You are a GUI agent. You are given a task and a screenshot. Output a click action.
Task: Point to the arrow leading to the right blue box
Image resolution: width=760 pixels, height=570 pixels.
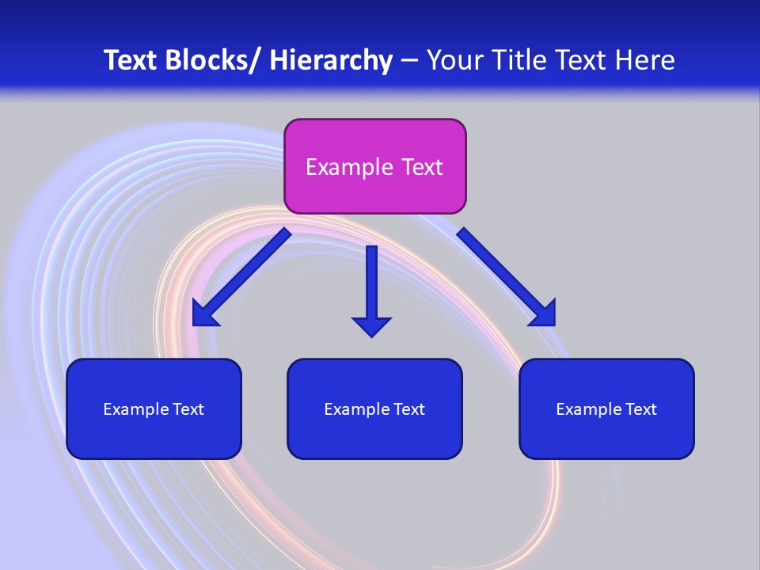pyautogui.click(x=507, y=277)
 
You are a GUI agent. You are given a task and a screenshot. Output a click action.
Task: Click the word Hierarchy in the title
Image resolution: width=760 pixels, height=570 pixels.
pyautogui.click(x=331, y=60)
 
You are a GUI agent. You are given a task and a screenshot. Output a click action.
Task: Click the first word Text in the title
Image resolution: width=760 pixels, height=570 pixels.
pyautogui.click(x=131, y=60)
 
